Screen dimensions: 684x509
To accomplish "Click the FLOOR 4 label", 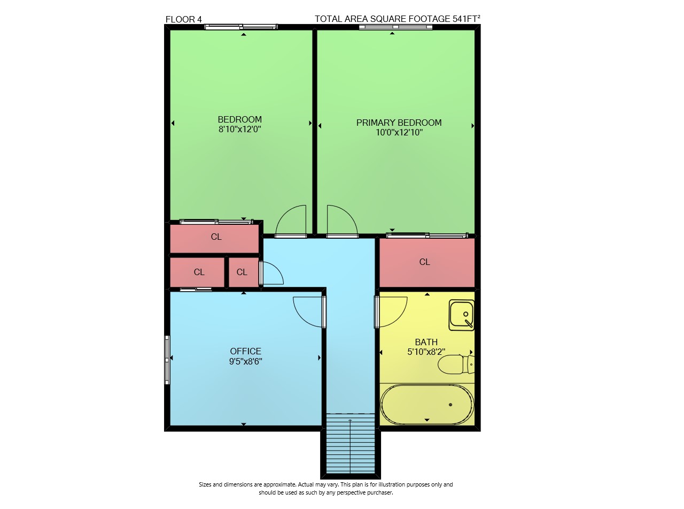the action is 183,19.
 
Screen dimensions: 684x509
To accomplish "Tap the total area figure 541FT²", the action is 466,19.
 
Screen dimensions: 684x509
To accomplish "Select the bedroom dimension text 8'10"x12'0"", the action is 240,129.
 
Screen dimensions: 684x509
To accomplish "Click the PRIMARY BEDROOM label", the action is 399,123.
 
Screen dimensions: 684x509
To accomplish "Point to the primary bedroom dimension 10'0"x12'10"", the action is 399,133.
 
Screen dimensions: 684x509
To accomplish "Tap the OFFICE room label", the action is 245,351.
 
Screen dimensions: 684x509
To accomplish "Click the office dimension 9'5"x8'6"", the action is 245,361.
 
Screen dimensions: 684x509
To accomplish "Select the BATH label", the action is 426,342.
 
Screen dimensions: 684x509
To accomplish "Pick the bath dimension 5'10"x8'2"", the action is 426,352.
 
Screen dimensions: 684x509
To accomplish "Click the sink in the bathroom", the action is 461,315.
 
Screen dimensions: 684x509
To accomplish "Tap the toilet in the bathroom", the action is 456,364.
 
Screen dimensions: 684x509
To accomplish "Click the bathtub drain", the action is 450,405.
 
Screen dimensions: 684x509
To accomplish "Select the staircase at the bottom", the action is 351,443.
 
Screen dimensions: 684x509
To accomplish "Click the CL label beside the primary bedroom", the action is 424,262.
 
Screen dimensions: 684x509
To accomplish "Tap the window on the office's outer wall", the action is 167,360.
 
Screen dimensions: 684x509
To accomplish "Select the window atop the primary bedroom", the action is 395,27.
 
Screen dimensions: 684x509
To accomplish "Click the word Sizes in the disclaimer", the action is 205,484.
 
